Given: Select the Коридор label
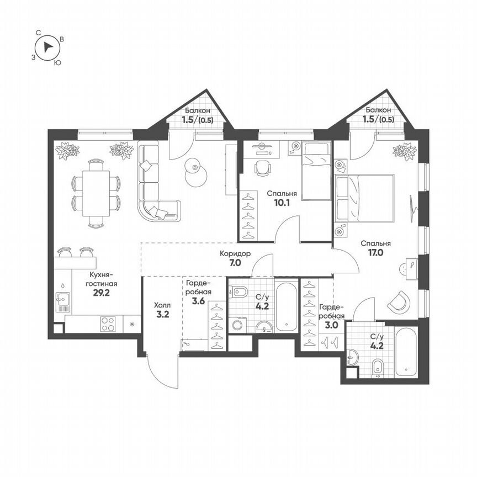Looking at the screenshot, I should [235, 253].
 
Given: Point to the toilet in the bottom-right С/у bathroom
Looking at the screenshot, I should [378, 367].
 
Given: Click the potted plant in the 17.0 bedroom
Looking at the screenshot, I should [404, 151].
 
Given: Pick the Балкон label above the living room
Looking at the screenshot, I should [196, 110].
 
